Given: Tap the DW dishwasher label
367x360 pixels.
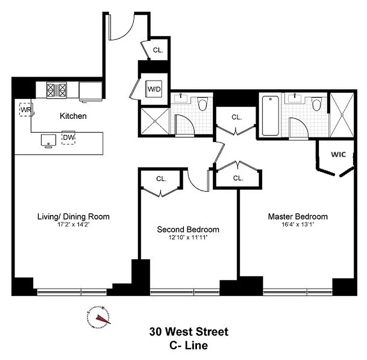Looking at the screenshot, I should coord(68,137).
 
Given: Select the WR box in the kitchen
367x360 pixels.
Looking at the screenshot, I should coord(25,109).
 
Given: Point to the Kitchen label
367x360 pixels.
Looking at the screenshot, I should coord(73,116).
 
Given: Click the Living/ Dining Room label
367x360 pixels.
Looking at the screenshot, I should coord(73,216).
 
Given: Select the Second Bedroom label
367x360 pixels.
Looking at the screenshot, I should coord(188,229).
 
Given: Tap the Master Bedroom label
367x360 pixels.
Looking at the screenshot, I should coord(298,216).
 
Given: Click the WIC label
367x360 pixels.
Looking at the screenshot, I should coord(338,154).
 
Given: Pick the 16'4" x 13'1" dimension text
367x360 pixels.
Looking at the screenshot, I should coord(298,224).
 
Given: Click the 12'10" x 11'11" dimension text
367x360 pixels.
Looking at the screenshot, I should coord(188,237).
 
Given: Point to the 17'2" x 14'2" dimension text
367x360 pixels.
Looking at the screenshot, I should coord(73,224).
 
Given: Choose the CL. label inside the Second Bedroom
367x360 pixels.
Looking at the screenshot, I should coord(161,179).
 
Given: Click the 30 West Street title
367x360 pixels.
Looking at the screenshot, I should coord(189,332).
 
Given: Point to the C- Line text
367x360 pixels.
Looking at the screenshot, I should coord(189,346).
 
